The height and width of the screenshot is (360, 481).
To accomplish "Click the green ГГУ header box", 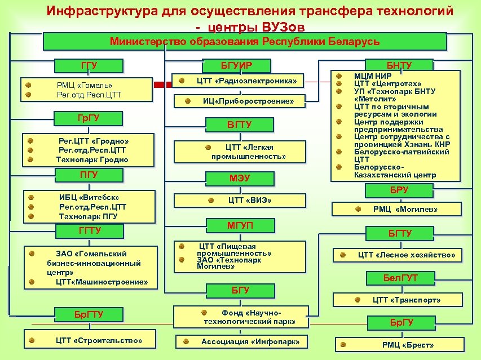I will click(89, 66).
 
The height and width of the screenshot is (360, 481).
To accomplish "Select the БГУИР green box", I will click(239, 66).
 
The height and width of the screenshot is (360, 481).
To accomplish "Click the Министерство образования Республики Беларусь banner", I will click(245, 42).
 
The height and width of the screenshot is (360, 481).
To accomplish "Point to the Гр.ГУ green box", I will click(91, 119).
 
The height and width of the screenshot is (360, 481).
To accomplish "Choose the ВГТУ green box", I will click(239, 125).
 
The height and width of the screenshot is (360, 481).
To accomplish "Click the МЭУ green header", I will click(239, 179).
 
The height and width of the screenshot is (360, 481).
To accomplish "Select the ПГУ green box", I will click(89, 175).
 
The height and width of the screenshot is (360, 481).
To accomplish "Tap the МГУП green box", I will click(240, 226).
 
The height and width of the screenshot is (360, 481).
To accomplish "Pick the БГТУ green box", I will click(399, 233).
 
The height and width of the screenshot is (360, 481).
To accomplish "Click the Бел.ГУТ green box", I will click(399, 278).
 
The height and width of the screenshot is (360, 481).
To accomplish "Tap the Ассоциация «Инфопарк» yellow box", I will click(242, 341).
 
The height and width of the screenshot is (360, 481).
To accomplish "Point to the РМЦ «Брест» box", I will click(400, 344).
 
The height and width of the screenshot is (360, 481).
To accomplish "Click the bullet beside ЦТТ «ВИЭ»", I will click(210, 200).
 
